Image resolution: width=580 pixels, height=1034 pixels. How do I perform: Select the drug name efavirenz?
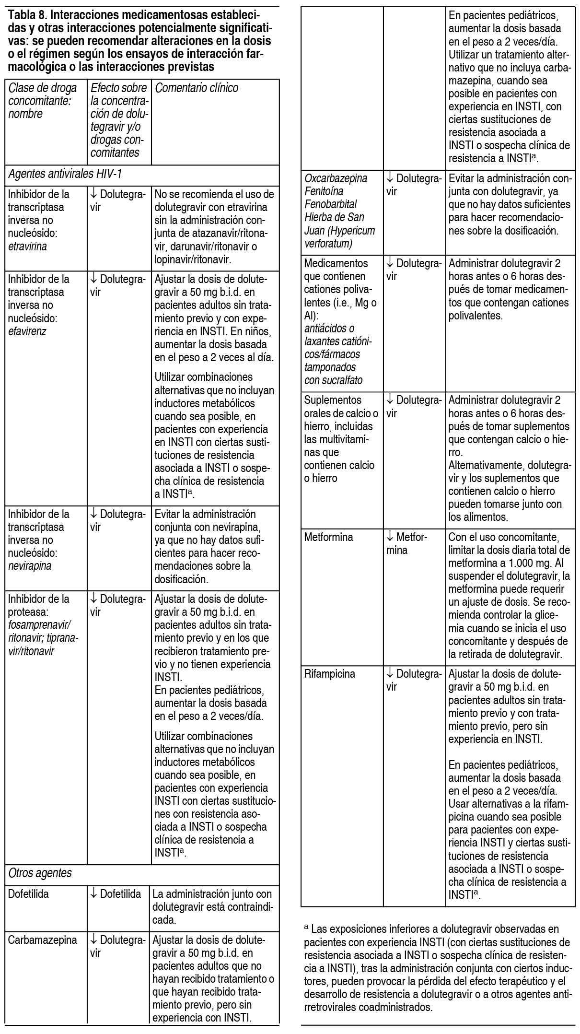coord(27,331)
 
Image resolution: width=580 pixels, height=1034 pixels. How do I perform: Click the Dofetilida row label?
coord(28,894)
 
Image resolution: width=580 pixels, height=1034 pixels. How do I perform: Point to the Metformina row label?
coord(328,537)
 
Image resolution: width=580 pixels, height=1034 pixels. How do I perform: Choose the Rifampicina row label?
coord(330,674)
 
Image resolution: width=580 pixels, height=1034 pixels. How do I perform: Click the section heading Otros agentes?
coord(40,873)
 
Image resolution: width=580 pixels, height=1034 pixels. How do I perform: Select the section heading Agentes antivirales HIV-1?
coord(65,173)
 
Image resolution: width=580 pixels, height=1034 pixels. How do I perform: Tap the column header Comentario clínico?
coord(197,88)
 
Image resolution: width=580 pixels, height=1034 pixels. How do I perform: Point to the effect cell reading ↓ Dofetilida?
coord(116,894)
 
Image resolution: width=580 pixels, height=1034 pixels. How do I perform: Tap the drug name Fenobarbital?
coord(330,204)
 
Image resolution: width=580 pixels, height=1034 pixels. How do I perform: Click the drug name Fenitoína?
coord(324,191)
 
